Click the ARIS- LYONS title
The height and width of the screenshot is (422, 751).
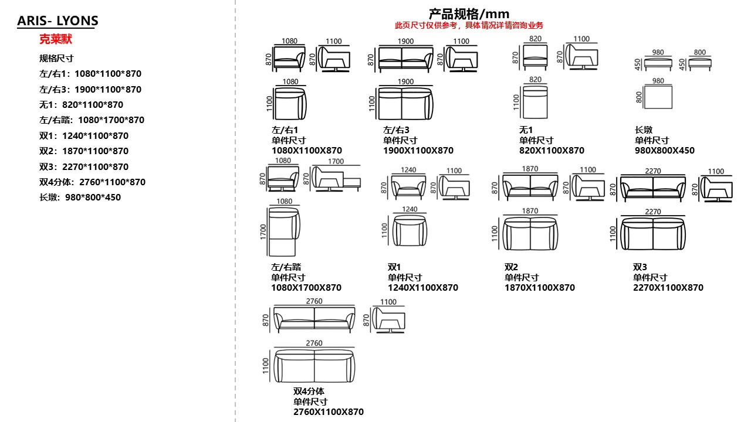point(57,21)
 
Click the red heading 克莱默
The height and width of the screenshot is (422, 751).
point(55,40)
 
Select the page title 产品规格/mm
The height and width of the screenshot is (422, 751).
point(469,13)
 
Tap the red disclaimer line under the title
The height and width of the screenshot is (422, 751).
point(469,25)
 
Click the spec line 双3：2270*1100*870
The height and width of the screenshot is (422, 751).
point(84,166)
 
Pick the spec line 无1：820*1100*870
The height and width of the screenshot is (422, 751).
point(81,105)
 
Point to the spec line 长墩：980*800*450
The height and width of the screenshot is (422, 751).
point(80,198)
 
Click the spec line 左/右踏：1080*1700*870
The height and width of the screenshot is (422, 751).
point(92,120)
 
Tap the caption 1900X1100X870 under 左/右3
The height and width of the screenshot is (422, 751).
point(418,151)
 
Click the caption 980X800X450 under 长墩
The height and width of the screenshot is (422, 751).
point(664,151)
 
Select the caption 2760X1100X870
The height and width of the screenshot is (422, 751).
point(329,412)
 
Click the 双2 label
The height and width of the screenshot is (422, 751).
point(511,267)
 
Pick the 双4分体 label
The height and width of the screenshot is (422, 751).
point(309,391)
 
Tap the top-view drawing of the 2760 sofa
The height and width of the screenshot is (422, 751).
point(314,365)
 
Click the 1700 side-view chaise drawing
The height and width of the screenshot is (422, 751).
point(335,179)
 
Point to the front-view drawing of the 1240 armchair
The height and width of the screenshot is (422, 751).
point(408,188)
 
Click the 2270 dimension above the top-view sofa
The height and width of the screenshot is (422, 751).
point(653,212)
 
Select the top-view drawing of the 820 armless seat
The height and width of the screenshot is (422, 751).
point(535,101)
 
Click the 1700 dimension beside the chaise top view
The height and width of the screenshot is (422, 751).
point(263,232)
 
